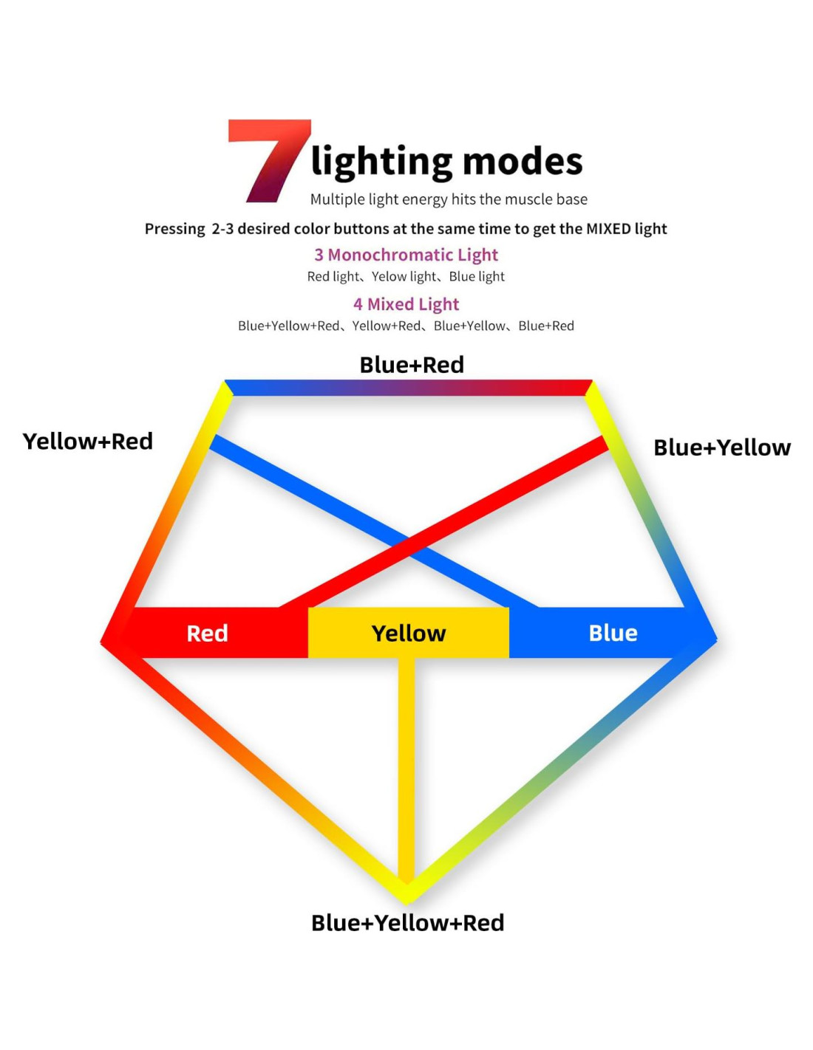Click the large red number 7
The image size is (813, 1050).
point(268,159)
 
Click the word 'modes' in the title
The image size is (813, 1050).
point(523,161)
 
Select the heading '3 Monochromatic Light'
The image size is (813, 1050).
point(406,255)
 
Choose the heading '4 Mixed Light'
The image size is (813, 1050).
point(406,304)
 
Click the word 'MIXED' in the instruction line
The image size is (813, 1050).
point(608,229)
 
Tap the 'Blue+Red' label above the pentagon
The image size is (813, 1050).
point(412,365)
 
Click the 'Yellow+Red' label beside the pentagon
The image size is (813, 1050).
point(88,441)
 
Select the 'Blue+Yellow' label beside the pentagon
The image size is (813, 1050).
point(722,447)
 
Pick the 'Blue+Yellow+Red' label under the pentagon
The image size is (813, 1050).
point(407,923)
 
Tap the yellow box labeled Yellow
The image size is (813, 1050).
point(408,633)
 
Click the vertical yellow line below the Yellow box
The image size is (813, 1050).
point(406,768)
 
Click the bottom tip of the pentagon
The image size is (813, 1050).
point(406,895)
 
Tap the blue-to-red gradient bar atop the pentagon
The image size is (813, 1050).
point(408,388)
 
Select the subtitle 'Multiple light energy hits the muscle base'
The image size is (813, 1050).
point(449,199)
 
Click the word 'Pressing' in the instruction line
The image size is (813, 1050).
point(174,229)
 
